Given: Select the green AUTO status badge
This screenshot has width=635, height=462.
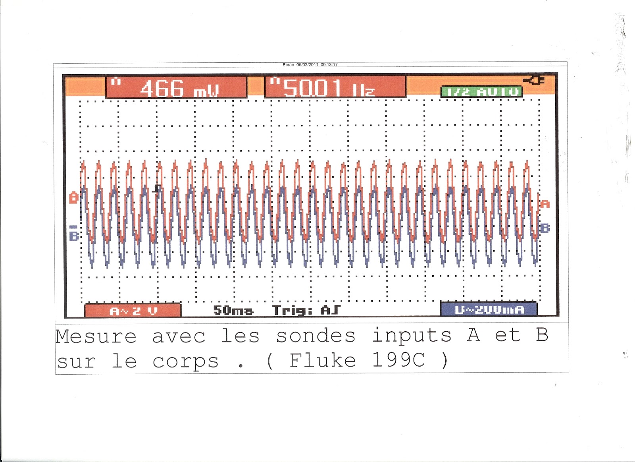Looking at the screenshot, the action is coord(481,92).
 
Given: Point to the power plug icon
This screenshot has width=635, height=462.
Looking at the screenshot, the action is coord(534,81).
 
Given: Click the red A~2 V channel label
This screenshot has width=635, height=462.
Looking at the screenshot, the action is coord(133,311).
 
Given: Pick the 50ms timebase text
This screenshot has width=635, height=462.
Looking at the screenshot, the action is coord(233,310).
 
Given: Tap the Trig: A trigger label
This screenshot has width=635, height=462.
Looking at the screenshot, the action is coord(306,310).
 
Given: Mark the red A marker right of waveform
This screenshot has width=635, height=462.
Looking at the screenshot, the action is coord(545,204).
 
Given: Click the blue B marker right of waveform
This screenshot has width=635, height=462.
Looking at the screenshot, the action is coord(545,228).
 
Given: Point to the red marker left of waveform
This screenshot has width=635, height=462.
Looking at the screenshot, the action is coord(74,197).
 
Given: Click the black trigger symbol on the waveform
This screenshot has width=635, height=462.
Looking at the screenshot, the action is coord(157,188).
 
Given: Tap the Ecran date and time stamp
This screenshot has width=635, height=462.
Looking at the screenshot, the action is coord(310,65).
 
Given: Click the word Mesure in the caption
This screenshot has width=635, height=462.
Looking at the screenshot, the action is coord(96,336).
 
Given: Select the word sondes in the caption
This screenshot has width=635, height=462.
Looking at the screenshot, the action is coord(316,336).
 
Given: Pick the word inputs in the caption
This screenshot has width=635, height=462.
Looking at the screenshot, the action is coord(412,336).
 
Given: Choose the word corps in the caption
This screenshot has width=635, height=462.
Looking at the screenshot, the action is coord(185,361).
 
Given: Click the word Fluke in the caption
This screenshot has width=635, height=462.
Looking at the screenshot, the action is coord(322,361).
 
